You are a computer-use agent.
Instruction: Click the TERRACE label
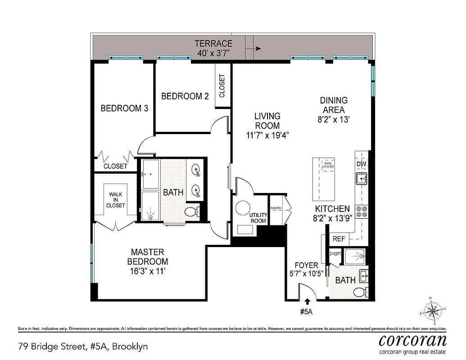tap(213, 44)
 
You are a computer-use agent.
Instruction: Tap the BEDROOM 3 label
tap(124, 108)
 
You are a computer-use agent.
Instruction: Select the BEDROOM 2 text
tap(185, 96)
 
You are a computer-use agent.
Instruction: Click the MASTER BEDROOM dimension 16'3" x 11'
tap(148, 271)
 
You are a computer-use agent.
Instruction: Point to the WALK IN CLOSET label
tap(115, 200)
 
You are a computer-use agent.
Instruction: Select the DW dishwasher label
tap(361, 164)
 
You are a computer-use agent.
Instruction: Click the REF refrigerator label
tap(339, 239)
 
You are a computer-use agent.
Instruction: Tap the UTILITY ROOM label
tap(258, 218)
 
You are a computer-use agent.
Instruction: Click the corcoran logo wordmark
tap(412, 340)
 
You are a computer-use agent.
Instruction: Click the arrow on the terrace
tap(258, 49)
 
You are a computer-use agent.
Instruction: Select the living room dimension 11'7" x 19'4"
tap(267, 135)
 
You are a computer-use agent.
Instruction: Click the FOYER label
tap(306, 265)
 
